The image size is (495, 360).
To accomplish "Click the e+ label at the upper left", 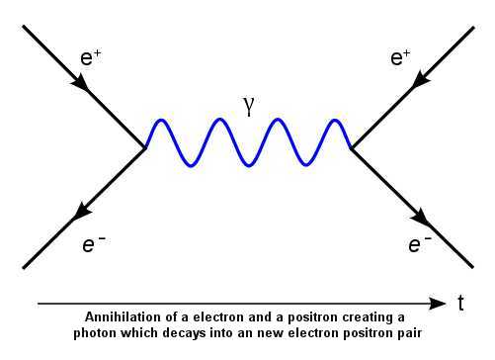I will (91, 56).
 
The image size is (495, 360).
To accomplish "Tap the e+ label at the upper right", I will (400, 56).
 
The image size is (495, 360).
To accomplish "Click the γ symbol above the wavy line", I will (249, 106).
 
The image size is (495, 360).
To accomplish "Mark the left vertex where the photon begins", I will (145, 148).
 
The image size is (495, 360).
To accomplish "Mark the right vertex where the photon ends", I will (351, 148).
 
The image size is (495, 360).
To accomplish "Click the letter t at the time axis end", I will (461, 304).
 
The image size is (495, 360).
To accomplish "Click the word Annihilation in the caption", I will (117, 316).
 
